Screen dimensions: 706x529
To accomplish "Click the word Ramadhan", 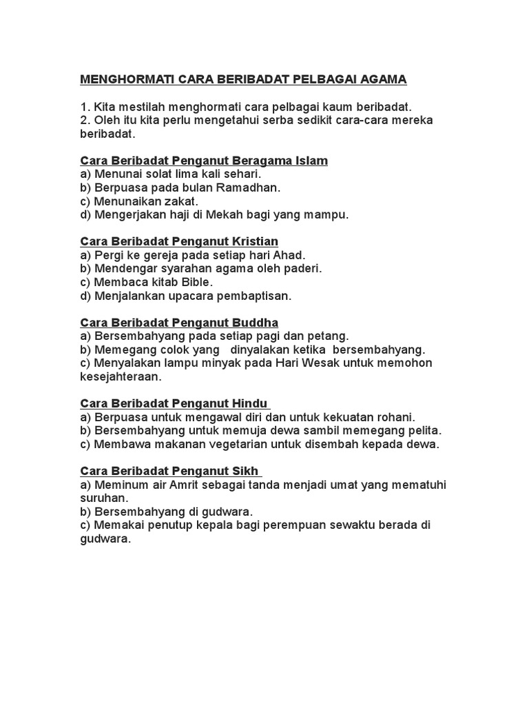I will coord(249,188).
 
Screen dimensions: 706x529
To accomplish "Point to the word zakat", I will coord(180,201).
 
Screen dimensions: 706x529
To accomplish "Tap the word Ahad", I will coord(289,255).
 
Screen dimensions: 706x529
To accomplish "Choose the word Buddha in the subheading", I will coord(256,323).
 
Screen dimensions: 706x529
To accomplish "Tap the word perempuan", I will coord(289,525).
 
